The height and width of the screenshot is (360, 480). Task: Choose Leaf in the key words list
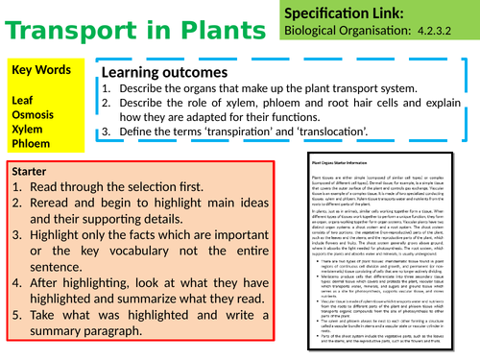(x=25, y=99)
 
